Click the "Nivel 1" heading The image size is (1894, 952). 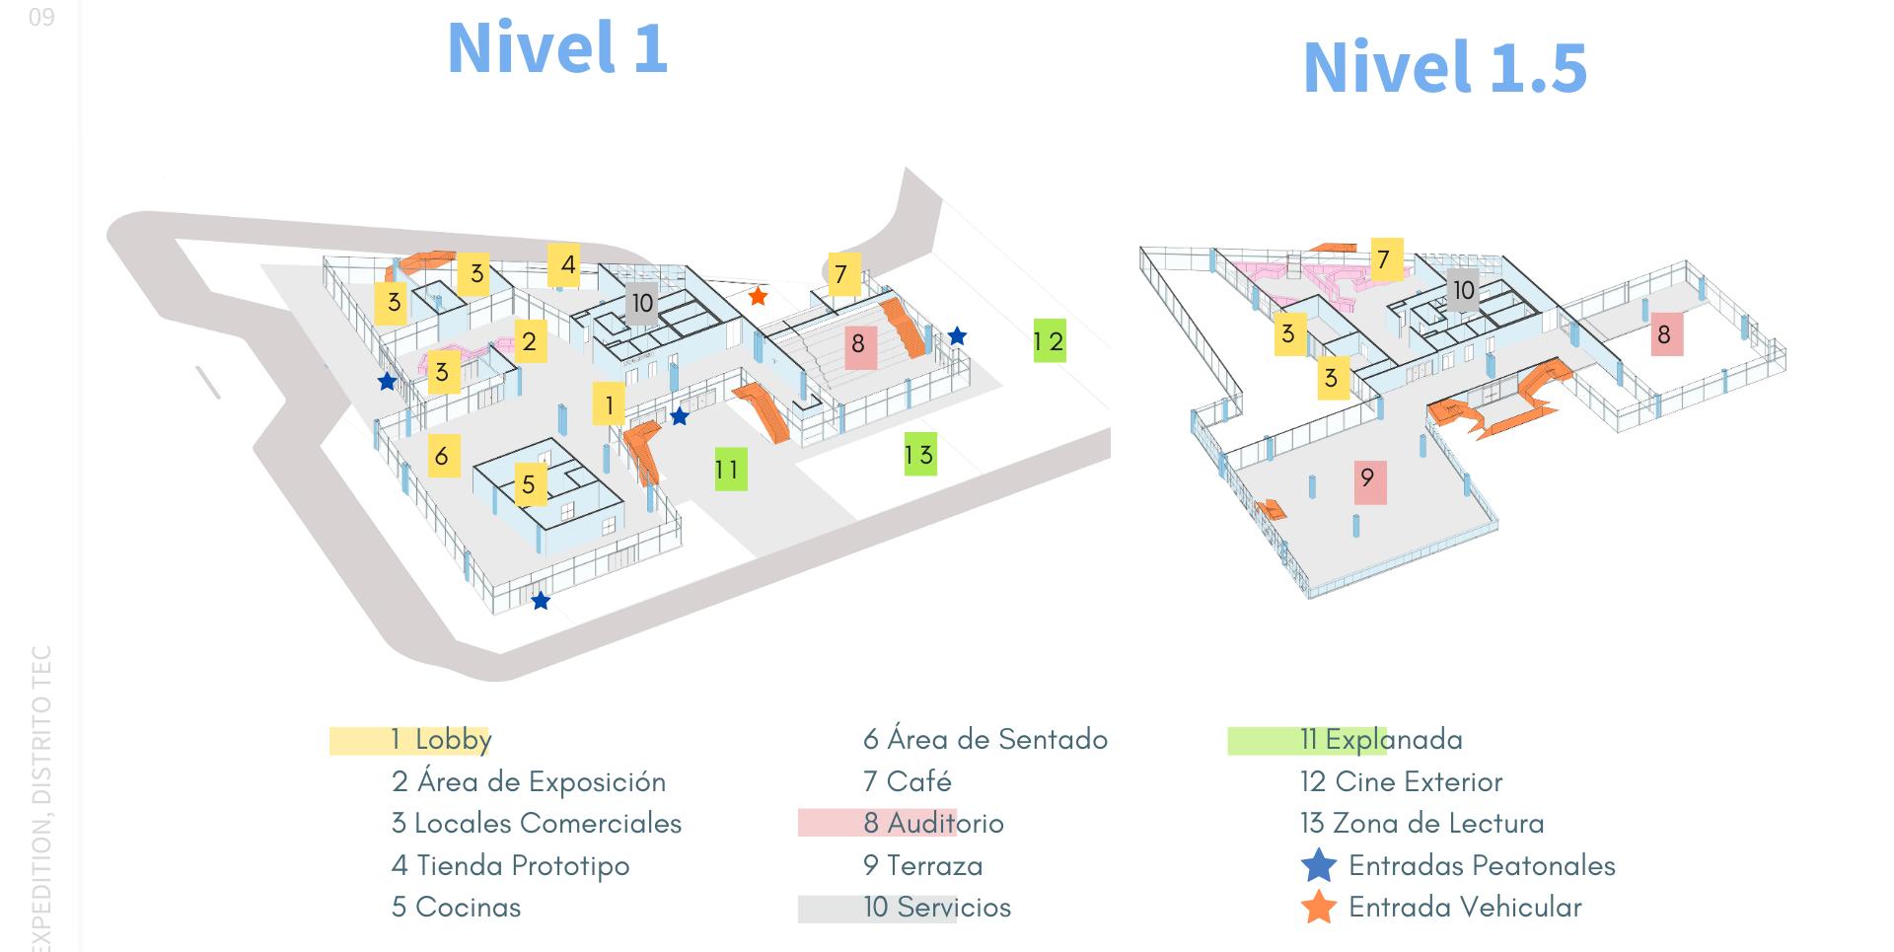557,47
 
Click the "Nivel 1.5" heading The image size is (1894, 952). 1444,67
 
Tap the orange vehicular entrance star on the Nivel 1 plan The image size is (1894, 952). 758,296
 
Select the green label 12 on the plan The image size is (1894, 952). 1049,341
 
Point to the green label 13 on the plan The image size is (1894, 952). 919,455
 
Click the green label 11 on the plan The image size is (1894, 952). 730,470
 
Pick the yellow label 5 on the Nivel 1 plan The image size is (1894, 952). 530,484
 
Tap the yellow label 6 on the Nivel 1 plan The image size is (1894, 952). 443,456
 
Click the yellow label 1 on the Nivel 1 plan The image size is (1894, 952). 609,404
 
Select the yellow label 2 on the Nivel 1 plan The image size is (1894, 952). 530,341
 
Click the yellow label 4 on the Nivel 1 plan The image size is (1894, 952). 566,264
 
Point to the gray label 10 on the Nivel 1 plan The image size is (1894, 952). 642,303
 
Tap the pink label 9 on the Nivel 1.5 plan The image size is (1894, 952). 1369,480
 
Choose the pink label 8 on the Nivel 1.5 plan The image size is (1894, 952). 1664,335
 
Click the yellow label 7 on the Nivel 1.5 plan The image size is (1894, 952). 1385,259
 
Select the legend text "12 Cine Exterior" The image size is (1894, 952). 1401,782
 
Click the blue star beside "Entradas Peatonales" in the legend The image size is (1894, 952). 1319,866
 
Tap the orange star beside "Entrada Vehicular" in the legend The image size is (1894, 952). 1319,908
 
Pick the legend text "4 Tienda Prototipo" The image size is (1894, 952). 510,866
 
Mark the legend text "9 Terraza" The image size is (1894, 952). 922,866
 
